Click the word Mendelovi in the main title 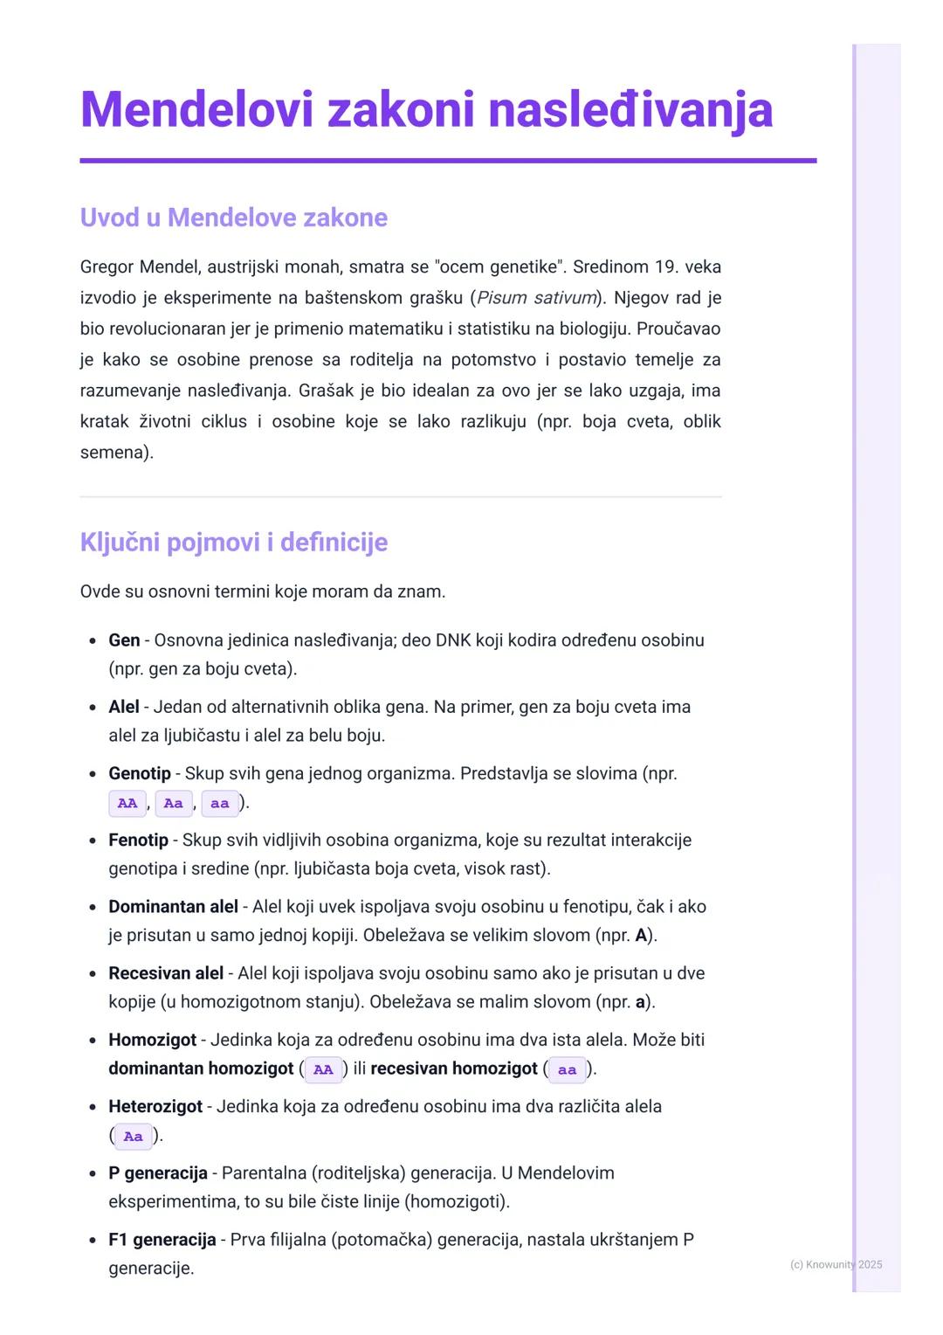tap(196, 111)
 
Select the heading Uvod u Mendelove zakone tap(233, 218)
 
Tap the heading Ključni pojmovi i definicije tap(233, 543)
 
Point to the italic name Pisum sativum tap(536, 298)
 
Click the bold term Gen tap(124, 640)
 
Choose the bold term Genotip tap(140, 773)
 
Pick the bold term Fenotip tap(138, 840)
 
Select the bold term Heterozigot tap(155, 1107)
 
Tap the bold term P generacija tap(158, 1173)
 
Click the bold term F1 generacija tap(162, 1240)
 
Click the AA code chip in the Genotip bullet tap(127, 804)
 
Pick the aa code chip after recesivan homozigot tap(568, 1070)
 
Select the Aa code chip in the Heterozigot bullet tap(133, 1137)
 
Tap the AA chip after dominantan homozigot tap(323, 1070)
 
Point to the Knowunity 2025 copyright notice tap(836, 1264)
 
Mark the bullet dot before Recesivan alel tap(93, 974)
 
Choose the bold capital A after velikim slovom tap(641, 936)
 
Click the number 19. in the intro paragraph tap(665, 266)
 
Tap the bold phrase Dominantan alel tap(173, 907)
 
